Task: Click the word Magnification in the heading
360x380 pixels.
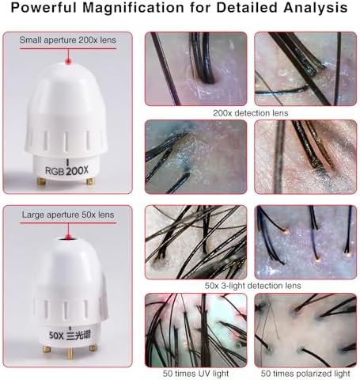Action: pos(133,8)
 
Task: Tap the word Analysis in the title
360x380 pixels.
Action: pos(316,8)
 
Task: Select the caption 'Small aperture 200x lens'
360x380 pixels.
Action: pos(68,40)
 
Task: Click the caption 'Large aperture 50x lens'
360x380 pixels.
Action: pos(68,215)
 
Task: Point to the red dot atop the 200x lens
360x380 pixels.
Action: pos(68,62)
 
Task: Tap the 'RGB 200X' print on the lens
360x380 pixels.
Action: pos(66,171)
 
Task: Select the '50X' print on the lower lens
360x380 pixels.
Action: pos(56,336)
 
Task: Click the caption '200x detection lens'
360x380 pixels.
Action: pos(251,113)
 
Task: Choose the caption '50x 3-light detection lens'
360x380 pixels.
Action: pos(252,286)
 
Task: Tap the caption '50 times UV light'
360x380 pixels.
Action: pos(195,374)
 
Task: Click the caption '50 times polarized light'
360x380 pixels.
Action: pos(305,374)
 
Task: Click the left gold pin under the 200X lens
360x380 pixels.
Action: pos(41,180)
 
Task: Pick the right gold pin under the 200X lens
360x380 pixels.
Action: pos(90,180)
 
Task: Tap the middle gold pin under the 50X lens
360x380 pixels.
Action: pos(70,353)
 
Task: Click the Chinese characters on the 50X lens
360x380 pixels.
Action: pos(78,335)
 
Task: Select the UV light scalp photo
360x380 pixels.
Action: pos(196,330)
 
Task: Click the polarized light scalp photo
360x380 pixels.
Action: pos(305,330)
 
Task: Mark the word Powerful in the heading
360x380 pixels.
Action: pos(44,8)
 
